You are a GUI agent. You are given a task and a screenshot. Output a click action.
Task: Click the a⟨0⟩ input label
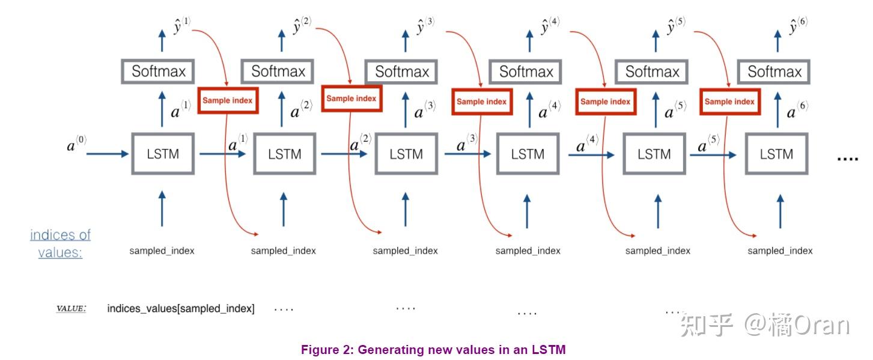click(76, 144)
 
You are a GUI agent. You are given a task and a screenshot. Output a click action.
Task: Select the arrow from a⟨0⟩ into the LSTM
click(108, 154)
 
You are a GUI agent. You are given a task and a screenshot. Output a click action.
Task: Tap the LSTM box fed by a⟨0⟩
click(163, 154)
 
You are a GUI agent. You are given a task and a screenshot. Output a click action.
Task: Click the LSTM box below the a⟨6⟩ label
click(776, 154)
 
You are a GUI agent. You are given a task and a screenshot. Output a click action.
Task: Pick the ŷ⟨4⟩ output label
click(550, 26)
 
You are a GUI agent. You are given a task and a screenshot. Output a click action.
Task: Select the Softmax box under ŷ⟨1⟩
click(159, 72)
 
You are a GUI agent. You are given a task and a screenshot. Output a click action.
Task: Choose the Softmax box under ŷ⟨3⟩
click(402, 72)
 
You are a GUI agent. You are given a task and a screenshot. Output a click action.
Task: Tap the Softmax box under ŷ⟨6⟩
click(774, 72)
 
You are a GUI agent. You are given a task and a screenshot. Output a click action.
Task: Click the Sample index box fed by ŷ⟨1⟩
click(228, 101)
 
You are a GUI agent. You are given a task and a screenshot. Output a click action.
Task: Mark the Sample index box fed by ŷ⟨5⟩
click(729, 102)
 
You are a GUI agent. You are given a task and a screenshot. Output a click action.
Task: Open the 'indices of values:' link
click(60, 243)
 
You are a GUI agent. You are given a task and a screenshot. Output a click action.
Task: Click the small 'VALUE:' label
click(71, 309)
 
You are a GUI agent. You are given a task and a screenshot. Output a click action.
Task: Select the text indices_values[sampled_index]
click(181, 309)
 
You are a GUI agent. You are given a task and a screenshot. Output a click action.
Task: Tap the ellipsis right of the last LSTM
click(848, 157)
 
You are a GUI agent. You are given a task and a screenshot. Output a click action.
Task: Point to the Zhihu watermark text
click(765, 325)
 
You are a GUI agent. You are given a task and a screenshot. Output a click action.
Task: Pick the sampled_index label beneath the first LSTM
click(162, 251)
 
